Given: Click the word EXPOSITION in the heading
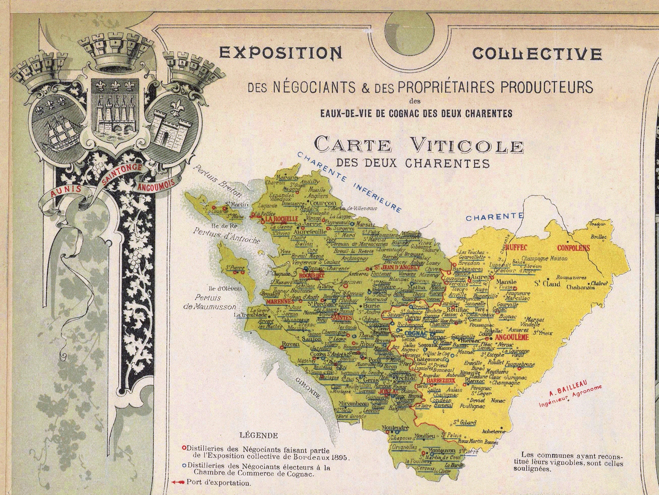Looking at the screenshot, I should (281, 53).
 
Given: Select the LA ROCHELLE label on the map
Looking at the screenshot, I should (281, 219).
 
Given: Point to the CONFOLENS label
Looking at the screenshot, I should (574, 248).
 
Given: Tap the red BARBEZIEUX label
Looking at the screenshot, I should (441, 380).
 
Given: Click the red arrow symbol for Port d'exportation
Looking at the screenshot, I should (178, 483).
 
